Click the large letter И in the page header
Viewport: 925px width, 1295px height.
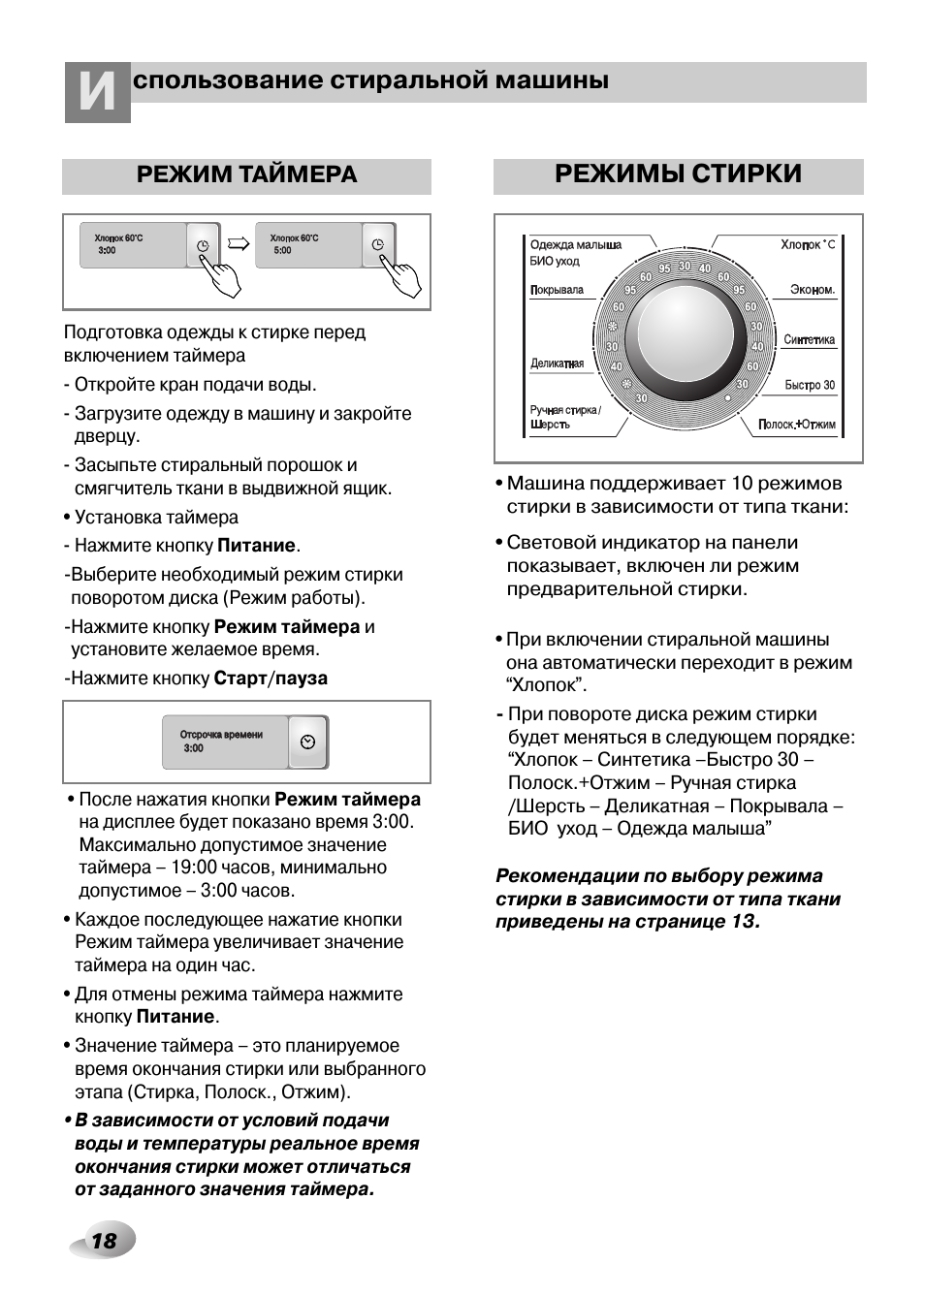click(97, 93)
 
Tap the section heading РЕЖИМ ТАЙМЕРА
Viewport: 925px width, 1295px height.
click(246, 174)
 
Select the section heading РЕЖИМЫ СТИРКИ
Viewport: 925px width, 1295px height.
click(678, 174)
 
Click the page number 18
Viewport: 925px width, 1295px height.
click(103, 1241)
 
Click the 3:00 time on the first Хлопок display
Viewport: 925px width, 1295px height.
click(107, 251)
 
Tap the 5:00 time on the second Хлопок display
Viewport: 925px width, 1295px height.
click(282, 251)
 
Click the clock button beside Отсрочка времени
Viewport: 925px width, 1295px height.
click(308, 742)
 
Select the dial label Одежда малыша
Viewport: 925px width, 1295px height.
click(575, 245)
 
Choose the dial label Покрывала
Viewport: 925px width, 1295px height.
click(557, 290)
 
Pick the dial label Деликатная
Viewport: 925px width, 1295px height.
click(557, 363)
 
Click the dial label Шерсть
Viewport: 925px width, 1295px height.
click(550, 426)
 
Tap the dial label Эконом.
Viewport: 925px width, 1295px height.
click(812, 290)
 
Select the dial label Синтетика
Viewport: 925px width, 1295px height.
click(809, 340)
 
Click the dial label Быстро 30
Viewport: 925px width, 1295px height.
click(810, 386)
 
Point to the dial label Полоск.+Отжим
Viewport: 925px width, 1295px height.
click(796, 426)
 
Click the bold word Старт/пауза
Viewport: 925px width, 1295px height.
click(271, 679)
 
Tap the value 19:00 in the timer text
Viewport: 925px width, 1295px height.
click(194, 868)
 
